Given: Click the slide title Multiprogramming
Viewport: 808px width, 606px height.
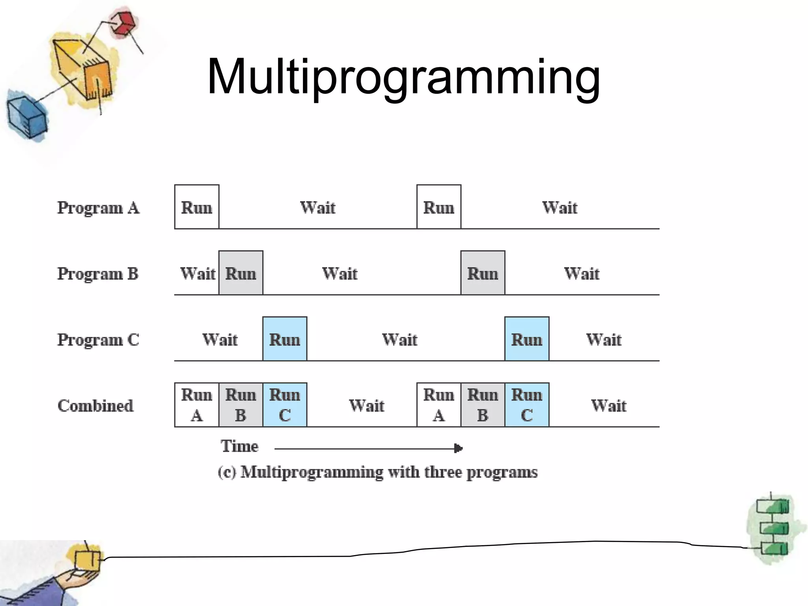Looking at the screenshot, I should click(x=403, y=77).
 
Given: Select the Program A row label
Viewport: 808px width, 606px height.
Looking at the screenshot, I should click(x=98, y=208).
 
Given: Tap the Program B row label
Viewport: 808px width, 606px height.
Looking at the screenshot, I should click(x=98, y=274).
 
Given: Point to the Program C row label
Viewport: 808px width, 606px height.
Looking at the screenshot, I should click(x=98, y=340).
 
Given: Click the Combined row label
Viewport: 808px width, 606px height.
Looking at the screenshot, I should click(x=95, y=406).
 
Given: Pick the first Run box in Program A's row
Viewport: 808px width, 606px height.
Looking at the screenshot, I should click(x=196, y=207).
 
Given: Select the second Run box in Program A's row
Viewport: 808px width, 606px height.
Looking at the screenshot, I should click(x=439, y=207).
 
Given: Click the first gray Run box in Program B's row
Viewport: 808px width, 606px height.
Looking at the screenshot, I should click(x=241, y=273).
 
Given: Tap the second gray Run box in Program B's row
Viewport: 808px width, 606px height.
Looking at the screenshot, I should click(x=483, y=273).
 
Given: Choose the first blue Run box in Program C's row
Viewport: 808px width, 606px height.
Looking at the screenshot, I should click(x=284, y=339).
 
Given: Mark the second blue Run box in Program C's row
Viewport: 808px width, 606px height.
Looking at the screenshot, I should click(x=527, y=339).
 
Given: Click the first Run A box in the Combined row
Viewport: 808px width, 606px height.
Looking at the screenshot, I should click(x=196, y=405).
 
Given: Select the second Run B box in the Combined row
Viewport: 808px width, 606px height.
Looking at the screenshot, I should click(x=483, y=405).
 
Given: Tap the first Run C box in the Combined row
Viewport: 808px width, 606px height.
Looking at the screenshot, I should click(x=284, y=405).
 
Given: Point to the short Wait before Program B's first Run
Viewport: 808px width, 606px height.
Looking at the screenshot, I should click(x=198, y=273).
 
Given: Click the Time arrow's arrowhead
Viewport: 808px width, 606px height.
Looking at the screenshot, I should click(x=458, y=448).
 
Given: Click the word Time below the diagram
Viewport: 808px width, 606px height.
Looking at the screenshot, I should click(x=239, y=446).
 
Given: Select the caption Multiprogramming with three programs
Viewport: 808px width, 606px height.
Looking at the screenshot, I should click(x=378, y=472).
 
